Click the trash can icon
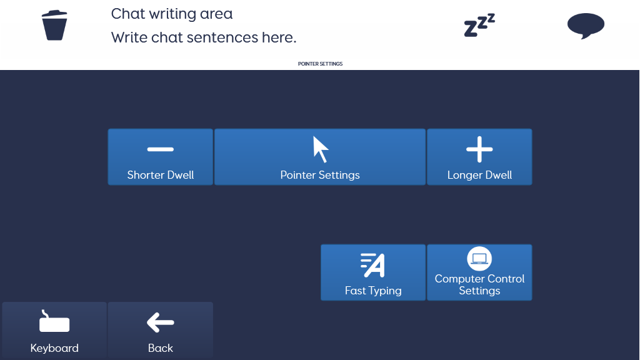pyautogui.click(x=54, y=25)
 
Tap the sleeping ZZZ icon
pyautogui.click(x=479, y=25)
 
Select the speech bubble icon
pyautogui.click(x=586, y=26)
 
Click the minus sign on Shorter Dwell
pyautogui.click(x=161, y=149)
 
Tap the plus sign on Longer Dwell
pyautogui.click(x=479, y=149)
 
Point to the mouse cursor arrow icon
pyautogui.click(x=321, y=149)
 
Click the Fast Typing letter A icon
pyautogui.click(x=372, y=265)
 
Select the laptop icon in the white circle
pyautogui.click(x=479, y=259)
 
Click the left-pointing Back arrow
pyautogui.click(x=161, y=322)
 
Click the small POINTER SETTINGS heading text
pyautogui.click(x=321, y=64)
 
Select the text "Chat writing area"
pyautogui.click(x=172, y=14)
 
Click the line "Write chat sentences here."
pyautogui.click(x=204, y=37)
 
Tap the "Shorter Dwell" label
pyautogui.click(x=161, y=175)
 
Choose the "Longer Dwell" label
pyautogui.click(x=479, y=175)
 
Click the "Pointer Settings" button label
pyautogui.click(x=320, y=175)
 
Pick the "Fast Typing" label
pyautogui.click(x=373, y=291)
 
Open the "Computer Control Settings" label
pyautogui.click(x=479, y=284)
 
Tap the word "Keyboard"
pyautogui.click(x=54, y=348)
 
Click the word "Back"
pyautogui.click(x=161, y=348)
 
